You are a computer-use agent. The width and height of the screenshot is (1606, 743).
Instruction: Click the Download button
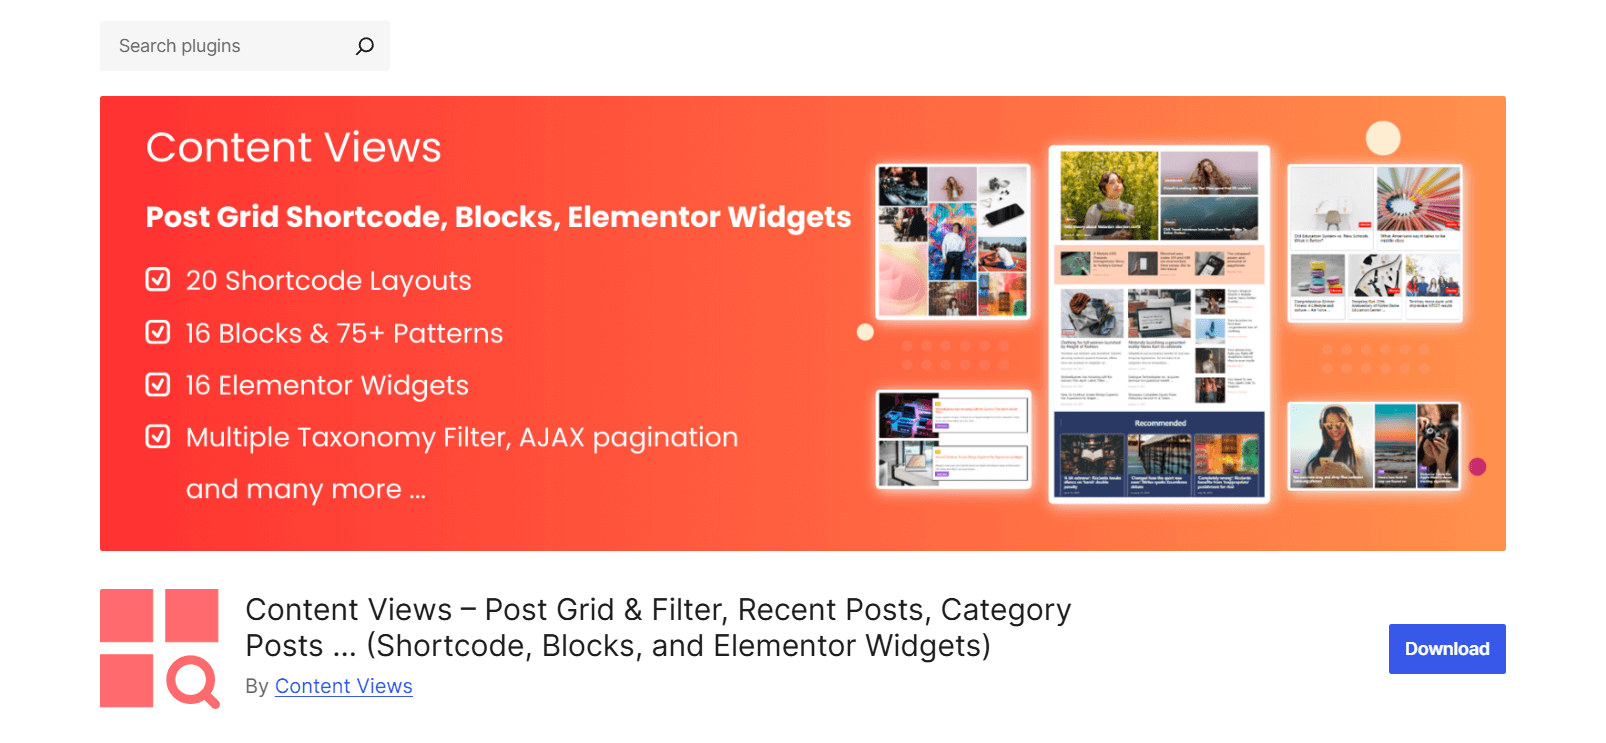pyautogui.click(x=1446, y=649)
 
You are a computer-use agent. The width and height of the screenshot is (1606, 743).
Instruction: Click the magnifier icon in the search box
pyautogui.click(x=365, y=46)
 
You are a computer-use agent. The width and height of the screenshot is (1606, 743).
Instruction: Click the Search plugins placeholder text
pyautogui.click(x=180, y=46)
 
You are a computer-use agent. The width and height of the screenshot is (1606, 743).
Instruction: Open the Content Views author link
pyautogui.click(x=343, y=686)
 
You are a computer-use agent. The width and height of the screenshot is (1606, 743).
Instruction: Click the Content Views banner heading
pyautogui.click(x=293, y=148)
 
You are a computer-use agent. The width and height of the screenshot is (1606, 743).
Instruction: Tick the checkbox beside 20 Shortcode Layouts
pyautogui.click(x=158, y=279)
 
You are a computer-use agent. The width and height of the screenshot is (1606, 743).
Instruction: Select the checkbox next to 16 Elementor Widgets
pyautogui.click(x=158, y=384)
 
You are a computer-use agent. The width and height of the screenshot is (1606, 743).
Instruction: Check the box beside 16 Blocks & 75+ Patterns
pyautogui.click(x=158, y=332)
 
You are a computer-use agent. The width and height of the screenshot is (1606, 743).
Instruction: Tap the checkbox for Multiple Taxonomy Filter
pyautogui.click(x=158, y=436)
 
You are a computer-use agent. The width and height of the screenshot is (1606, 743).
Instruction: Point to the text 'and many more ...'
pyautogui.click(x=305, y=489)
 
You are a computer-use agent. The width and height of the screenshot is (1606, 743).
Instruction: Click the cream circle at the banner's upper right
pyautogui.click(x=1383, y=138)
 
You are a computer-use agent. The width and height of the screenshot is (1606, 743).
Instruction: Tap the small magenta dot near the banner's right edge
pyautogui.click(x=1477, y=466)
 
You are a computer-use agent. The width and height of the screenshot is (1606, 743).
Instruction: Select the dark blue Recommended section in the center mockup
pyautogui.click(x=1159, y=455)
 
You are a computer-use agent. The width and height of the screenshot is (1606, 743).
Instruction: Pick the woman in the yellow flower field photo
pyautogui.click(x=1108, y=194)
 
